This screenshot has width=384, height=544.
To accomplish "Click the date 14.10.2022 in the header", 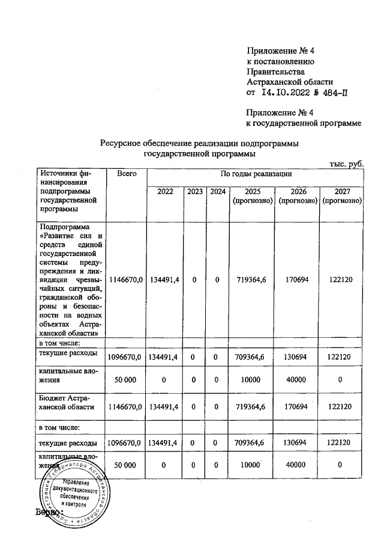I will click(x=285, y=93).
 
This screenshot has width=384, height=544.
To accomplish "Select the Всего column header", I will click(x=125, y=174).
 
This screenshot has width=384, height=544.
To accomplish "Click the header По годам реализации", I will click(x=256, y=174).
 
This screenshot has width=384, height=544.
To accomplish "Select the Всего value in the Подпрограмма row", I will click(x=125, y=279).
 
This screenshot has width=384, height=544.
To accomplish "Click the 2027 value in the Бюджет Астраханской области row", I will click(x=341, y=407).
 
